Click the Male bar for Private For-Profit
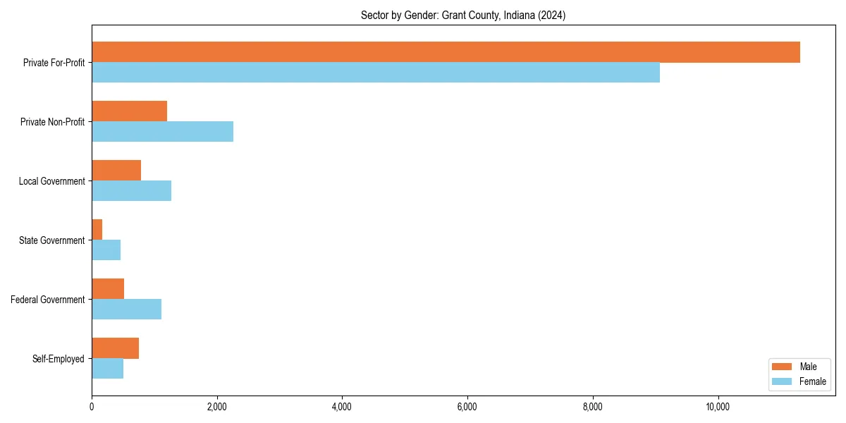point(446,52)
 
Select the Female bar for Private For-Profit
point(376,73)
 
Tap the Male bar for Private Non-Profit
point(129,111)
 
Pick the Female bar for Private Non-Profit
point(162,132)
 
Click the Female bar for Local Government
point(131,191)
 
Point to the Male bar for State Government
point(97,230)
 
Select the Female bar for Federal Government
point(126,309)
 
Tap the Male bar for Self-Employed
point(115,348)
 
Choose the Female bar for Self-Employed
point(107,369)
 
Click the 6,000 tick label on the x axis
point(467,407)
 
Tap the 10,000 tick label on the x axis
point(718,407)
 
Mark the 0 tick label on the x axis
point(92,407)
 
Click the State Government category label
point(52,240)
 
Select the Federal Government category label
point(48,300)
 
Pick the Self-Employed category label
point(59,359)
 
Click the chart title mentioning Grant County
point(463,15)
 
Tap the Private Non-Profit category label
point(53,122)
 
